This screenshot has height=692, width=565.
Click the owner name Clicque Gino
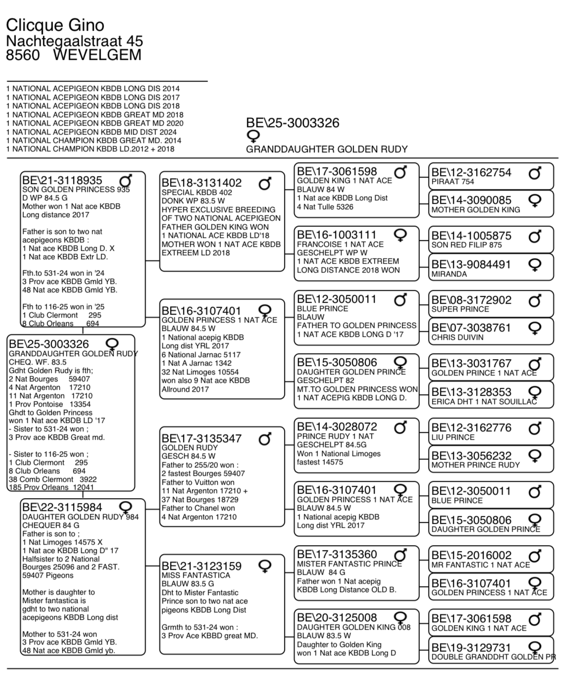point(55,25)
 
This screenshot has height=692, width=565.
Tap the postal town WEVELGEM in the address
point(97,55)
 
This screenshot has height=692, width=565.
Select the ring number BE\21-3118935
point(62,181)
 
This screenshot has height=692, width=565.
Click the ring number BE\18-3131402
point(202,183)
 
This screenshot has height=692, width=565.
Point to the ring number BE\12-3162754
point(471,173)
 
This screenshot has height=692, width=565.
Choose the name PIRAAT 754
point(453,182)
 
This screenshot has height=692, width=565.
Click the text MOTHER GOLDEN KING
point(475,210)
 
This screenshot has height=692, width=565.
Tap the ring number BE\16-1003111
point(337,235)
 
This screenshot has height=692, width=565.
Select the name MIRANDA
point(449,274)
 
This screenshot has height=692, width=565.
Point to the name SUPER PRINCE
point(460,309)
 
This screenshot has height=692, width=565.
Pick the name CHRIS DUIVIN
point(458,337)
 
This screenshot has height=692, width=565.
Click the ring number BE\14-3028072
point(337,427)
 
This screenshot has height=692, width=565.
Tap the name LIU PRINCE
point(453,437)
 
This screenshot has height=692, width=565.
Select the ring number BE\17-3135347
point(202,439)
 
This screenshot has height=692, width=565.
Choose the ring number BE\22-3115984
point(62,507)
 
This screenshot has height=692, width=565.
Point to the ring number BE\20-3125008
point(337,618)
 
